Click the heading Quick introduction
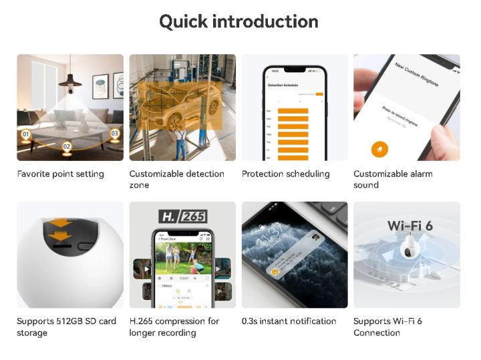click(238, 21)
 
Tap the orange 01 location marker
click(26, 136)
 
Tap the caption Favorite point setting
click(61, 174)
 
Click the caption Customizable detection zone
click(176, 179)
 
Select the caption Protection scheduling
click(285, 174)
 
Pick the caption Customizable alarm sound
click(393, 179)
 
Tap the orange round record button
click(380, 148)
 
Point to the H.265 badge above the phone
click(182, 216)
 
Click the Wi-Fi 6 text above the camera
click(410, 225)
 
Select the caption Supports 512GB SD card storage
click(66, 327)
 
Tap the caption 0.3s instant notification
click(289, 321)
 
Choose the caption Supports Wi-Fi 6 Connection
click(387, 327)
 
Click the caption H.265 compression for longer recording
click(174, 327)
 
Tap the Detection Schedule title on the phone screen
click(283, 85)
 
